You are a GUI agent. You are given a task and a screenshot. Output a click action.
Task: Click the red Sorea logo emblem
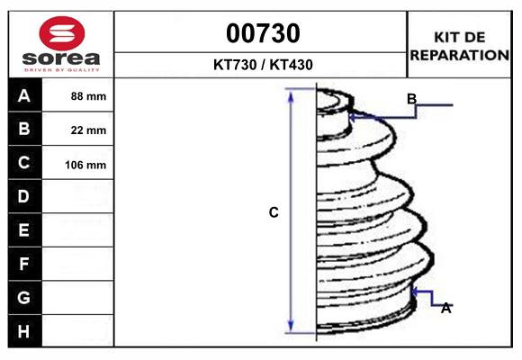pos(62,33)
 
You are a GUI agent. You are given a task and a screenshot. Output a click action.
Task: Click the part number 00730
pos(263,33)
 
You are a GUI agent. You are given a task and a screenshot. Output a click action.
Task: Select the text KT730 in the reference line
pos(235,65)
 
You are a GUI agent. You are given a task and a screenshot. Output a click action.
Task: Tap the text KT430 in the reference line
pos(292,65)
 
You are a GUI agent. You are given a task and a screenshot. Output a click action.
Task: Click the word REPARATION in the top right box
pos(459,55)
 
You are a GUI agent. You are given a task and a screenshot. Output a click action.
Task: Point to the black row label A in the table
pos(24,96)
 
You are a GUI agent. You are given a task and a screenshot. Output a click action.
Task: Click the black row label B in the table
pos(24,129)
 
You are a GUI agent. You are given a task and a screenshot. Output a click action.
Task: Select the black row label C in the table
pos(24,163)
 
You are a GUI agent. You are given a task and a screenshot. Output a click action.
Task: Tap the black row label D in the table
pos(24,196)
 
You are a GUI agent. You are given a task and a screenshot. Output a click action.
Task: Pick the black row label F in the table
pos(24,264)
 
